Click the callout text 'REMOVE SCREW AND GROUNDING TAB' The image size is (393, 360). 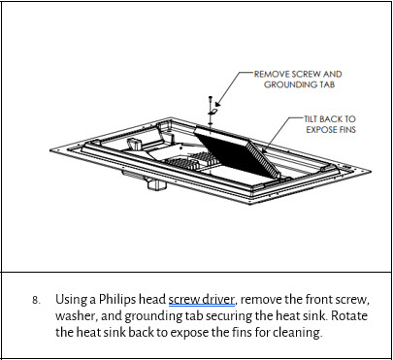pyautogui.click(x=298, y=80)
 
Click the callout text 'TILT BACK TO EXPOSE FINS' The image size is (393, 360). pyautogui.click(x=330, y=124)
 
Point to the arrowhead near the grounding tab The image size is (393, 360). pyautogui.click(x=217, y=104)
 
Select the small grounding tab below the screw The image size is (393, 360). pyautogui.click(x=213, y=112)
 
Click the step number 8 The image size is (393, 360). pyautogui.click(x=37, y=301)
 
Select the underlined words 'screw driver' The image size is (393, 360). pyautogui.click(x=201, y=300)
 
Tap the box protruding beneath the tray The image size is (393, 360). pyautogui.click(x=157, y=183)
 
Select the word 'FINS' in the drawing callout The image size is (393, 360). pyautogui.click(x=345, y=129)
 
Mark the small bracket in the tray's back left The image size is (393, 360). pyautogui.click(x=135, y=144)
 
